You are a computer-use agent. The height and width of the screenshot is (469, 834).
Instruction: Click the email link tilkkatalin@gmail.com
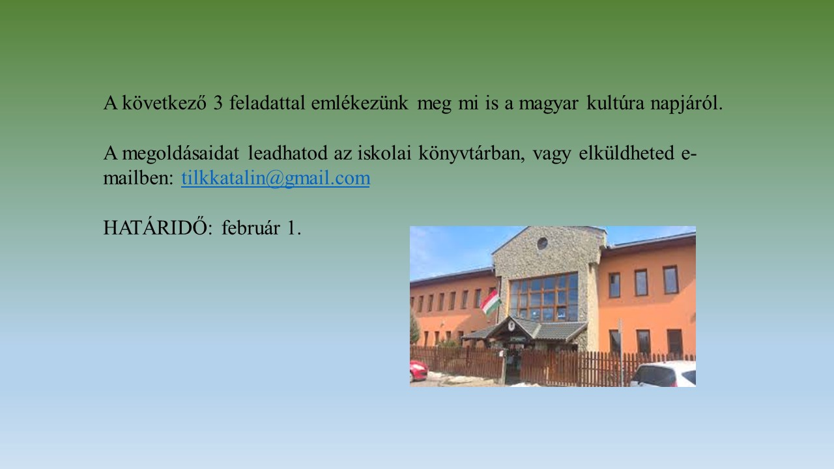click(276, 178)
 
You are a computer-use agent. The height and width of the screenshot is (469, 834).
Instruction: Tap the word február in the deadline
click(251, 227)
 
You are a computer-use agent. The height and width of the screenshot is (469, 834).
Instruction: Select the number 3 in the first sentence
click(218, 103)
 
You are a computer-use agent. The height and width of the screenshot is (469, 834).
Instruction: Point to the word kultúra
click(615, 103)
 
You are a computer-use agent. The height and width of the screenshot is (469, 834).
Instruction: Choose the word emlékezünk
click(360, 103)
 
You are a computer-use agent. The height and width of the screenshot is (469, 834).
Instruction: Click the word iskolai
click(384, 152)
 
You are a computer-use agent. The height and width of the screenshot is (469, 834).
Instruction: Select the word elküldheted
click(626, 152)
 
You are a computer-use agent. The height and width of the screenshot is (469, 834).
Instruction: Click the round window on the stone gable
click(543, 244)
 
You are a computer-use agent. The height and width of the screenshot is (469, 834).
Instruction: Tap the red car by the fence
click(418, 371)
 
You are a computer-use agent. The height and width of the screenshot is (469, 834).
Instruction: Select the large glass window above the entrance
click(543, 298)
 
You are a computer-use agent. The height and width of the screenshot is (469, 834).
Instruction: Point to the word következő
click(164, 103)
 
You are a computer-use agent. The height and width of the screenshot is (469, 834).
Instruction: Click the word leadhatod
click(288, 152)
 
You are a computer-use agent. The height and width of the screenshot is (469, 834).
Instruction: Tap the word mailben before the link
click(138, 178)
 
